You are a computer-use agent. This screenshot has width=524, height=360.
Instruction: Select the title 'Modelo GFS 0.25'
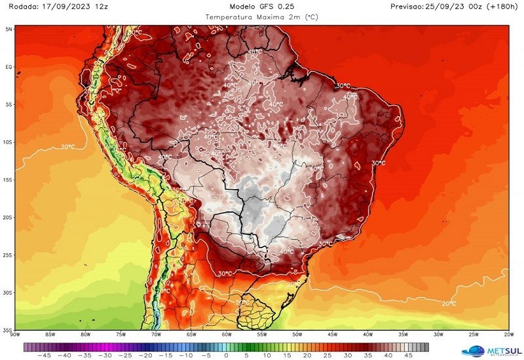(x=262, y=7)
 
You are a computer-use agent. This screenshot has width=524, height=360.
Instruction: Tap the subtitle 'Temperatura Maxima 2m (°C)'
(x=262, y=16)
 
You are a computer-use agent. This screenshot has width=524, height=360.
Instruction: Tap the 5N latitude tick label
(x=9, y=29)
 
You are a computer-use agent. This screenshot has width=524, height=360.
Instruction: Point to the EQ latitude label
(x=9, y=67)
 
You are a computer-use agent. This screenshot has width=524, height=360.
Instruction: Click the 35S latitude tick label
(x=9, y=330)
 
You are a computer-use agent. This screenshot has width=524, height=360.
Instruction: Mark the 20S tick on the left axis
(x=9, y=217)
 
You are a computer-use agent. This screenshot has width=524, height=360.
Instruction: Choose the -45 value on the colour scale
(x=45, y=356)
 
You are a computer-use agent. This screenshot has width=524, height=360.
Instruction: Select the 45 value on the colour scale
(x=407, y=356)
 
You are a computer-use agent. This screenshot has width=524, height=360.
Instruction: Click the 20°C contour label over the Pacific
(x=67, y=146)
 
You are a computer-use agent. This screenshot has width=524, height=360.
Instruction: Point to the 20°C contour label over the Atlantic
(x=449, y=303)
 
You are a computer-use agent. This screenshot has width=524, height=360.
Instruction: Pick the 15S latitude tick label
(x=9, y=179)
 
